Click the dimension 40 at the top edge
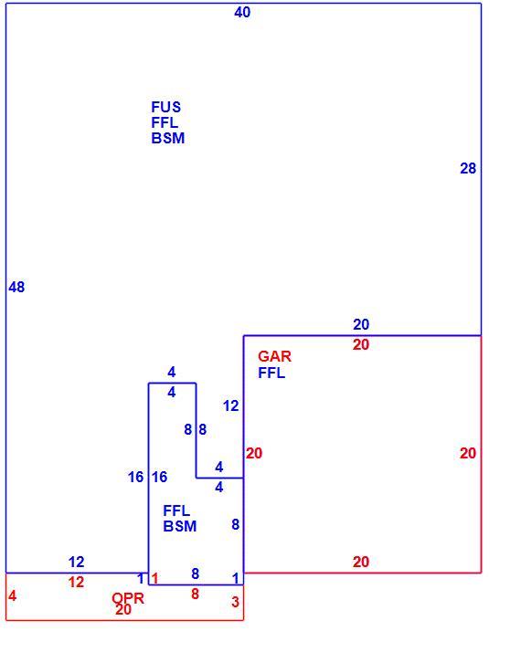point(242,12)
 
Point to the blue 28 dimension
point(468,168)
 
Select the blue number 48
point(16,287)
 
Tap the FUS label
point(166,107)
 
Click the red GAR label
point(274,356)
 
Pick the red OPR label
point(128,598)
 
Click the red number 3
point(235,602)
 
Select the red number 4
point(12,595)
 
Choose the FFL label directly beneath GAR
point(271,373)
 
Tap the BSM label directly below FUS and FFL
point(168,138)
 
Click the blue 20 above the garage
point(361,324)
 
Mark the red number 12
point(76,583)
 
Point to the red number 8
point(195,595)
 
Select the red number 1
point(154,578)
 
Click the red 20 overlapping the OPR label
point(123,609)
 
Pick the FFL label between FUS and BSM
point(165,122)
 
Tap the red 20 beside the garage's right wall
point(468,453)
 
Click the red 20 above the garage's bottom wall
point(361,562)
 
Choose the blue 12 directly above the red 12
point(76,562)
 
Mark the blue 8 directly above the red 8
point(195,574)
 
